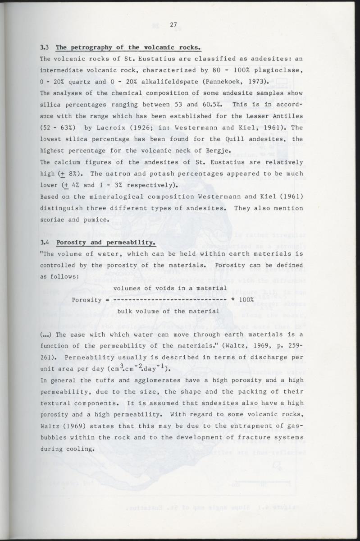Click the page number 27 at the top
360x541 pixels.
(x=173, y=25)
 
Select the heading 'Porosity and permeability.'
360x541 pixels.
(x=106, y=243)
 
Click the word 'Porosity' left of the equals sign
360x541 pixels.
(x=87, y=300)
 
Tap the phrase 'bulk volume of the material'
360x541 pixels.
(x=168, y=311)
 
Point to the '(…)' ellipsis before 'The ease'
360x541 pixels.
(x=46, y=335)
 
